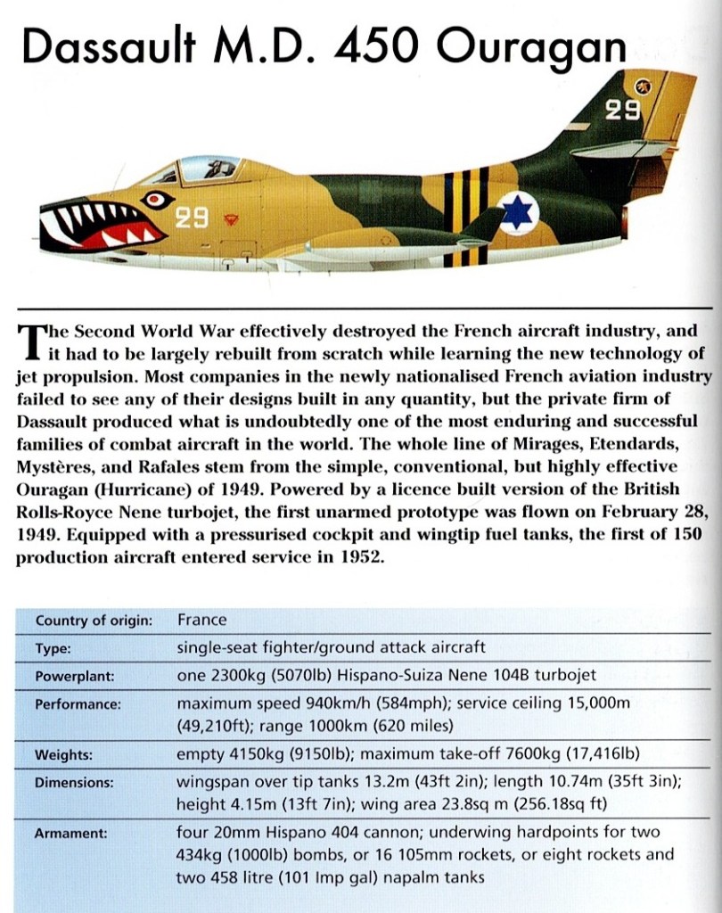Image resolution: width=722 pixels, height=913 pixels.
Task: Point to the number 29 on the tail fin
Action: point(624,111)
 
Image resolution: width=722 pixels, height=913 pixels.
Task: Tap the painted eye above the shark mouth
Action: point(158,200)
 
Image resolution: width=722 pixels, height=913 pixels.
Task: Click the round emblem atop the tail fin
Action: point(642,86)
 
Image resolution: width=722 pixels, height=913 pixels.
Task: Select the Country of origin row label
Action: point(94,621)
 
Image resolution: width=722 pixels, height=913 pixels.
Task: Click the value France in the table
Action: point(202,620)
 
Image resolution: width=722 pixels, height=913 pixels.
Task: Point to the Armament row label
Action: point(70,835)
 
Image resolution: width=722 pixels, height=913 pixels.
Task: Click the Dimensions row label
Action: point(74,783)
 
